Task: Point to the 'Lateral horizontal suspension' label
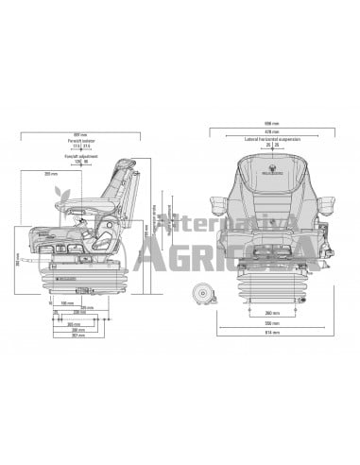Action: coord(272,137)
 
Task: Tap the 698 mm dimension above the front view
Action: coord(271,123)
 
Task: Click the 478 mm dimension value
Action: coord(272,130)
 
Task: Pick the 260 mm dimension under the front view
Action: coord(272,311)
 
